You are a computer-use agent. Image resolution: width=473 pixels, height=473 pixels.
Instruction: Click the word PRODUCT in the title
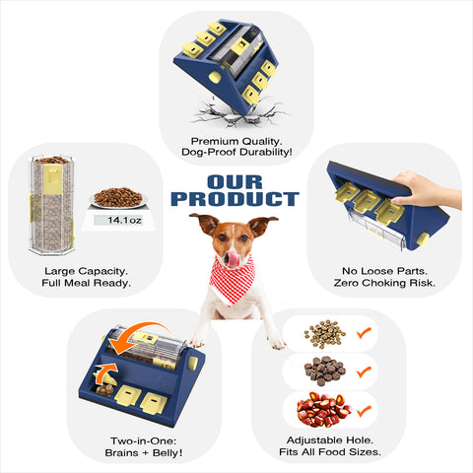click(x=235, y=200)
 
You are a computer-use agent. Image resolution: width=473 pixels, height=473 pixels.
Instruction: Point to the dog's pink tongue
click(x=233, y=257)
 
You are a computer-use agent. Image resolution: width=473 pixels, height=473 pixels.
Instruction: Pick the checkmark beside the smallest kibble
click(x=362, y=333)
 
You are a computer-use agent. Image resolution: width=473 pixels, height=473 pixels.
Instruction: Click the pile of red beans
click(x=322, y=408)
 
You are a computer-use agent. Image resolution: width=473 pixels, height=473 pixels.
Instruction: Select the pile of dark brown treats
click(x=323, y=371)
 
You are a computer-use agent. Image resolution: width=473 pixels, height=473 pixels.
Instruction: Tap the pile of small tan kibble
click(x=322, y=334)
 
